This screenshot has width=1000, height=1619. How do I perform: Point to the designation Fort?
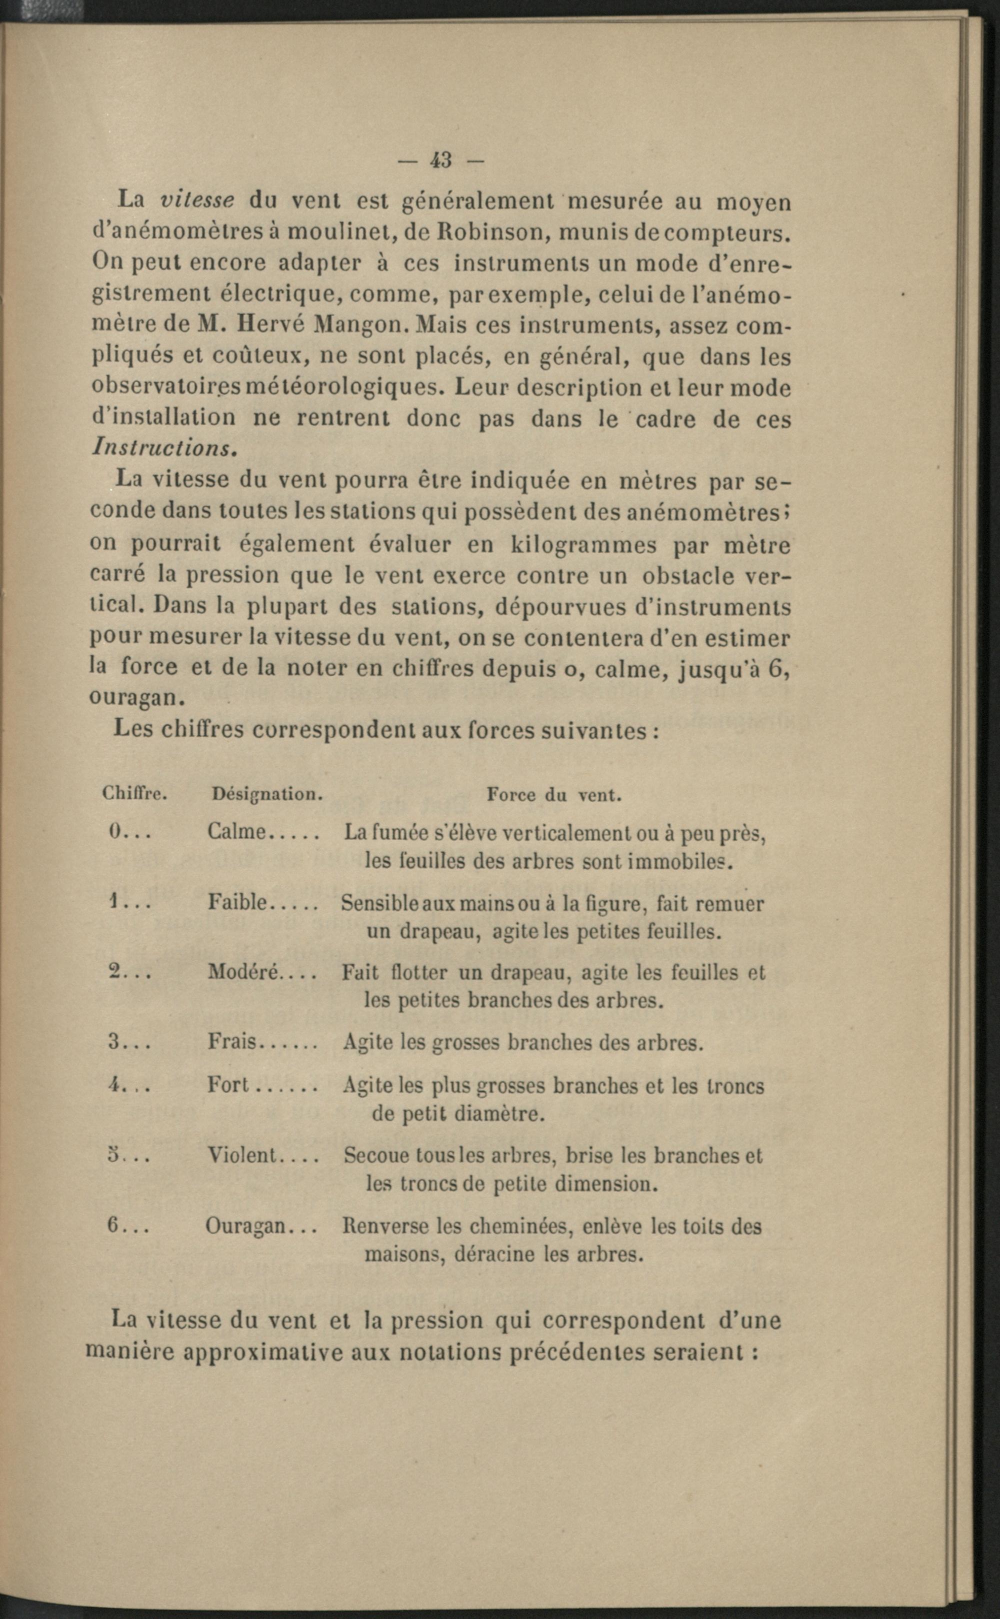tap(227, 1085)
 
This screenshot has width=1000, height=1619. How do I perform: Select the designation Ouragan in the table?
tap(244, 1226)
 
